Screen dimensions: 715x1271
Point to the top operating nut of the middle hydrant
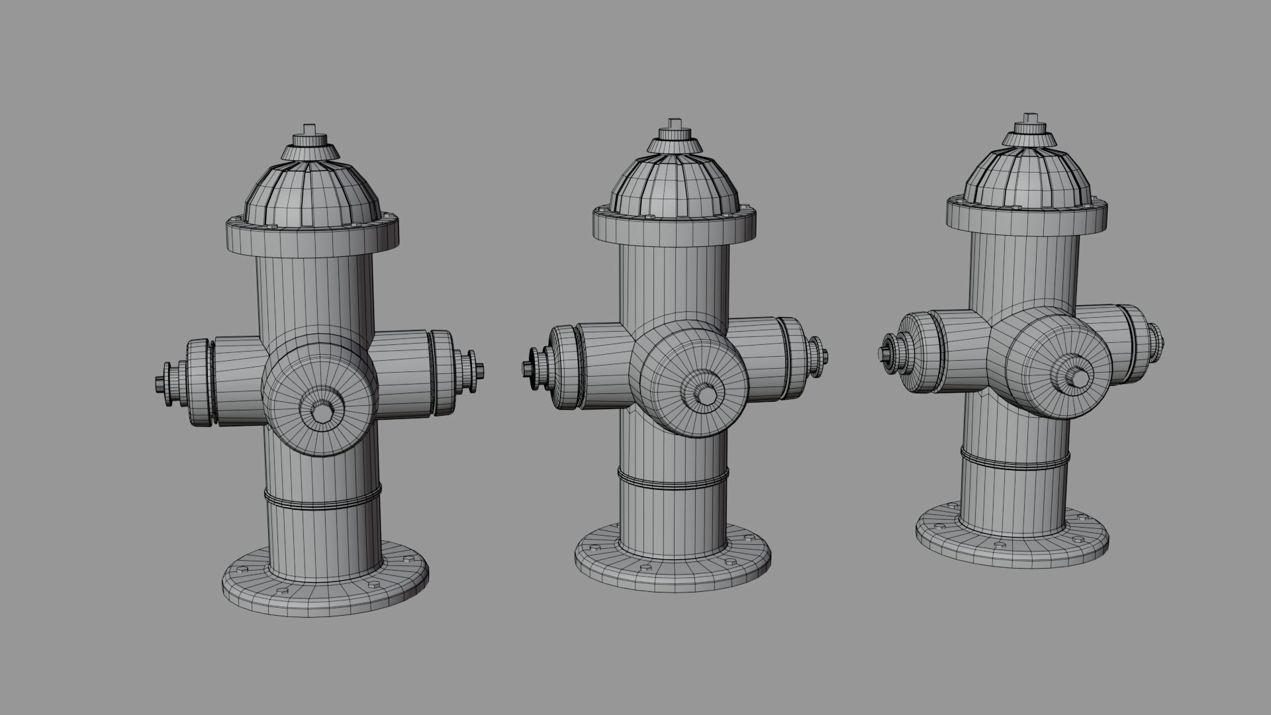(x=675, y=124)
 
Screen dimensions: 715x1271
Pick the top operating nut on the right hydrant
(x=1029, y=119)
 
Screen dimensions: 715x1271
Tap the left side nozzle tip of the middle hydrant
(x=528, y=368)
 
